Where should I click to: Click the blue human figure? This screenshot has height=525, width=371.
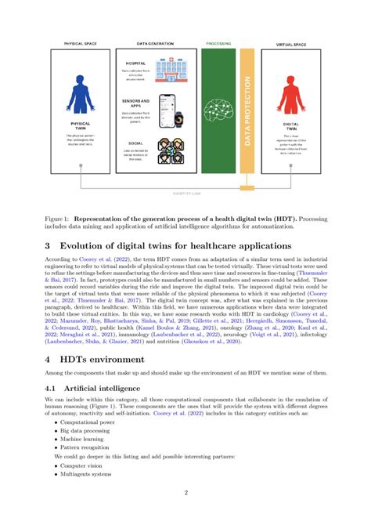point(81,94)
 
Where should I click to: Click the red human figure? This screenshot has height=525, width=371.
point(291,95)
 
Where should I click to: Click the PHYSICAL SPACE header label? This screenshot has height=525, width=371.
point(81,44)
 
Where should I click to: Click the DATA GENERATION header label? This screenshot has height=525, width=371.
point(153,44)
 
